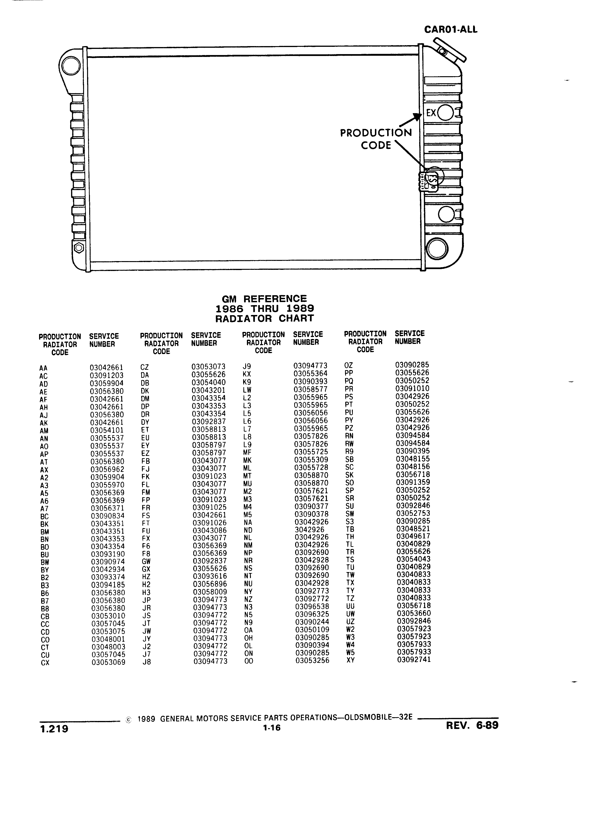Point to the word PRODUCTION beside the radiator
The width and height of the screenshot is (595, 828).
pyautogui.click(x=376, y=133)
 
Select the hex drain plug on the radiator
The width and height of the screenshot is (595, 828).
pyautogui.click(x=79, y=248)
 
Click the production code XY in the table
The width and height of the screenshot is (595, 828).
pyautogui.click(x=351, y=660)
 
